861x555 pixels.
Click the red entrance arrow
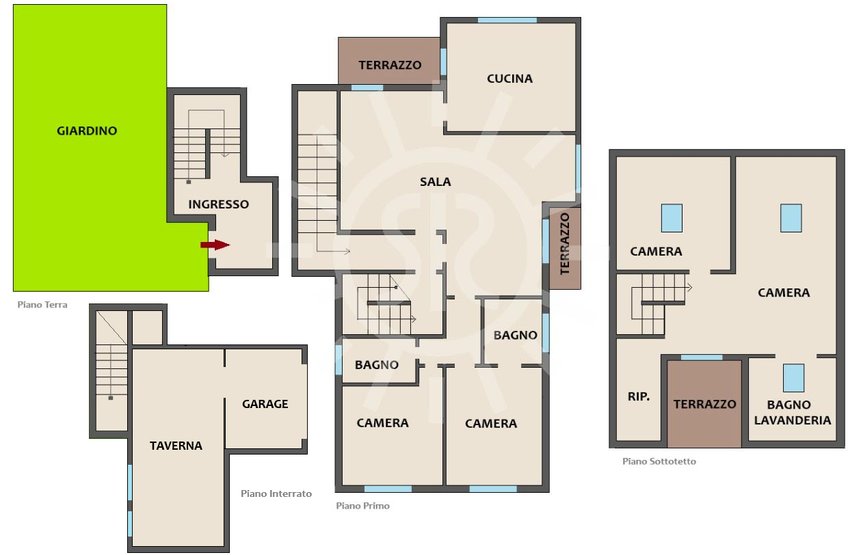[215, 245]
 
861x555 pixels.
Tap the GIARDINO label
[87, 131]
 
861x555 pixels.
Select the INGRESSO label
[218, 204]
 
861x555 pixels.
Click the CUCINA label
[509, 79]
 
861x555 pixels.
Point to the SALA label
[435, 182]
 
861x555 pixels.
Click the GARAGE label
[265, 404]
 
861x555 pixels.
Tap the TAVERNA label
[176, 446]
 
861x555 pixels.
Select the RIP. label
[639, 396]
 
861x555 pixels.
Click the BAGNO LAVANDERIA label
[792, 413]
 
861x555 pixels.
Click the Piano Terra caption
[42, 305]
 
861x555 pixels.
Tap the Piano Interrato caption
[276, 493]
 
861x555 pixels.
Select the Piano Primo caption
[362, 506]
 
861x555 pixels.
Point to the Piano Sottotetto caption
[659, 461]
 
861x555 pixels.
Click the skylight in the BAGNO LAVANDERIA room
[793, 378]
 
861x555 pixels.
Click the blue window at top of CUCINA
[507, 21]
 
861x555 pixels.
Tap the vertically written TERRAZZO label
[564, 244]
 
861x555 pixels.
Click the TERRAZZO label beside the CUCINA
[390, 66]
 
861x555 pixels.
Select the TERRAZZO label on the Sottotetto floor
[704, 405]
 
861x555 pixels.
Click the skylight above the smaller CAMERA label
[672, 218]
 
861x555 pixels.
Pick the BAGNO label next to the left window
[376, 365]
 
